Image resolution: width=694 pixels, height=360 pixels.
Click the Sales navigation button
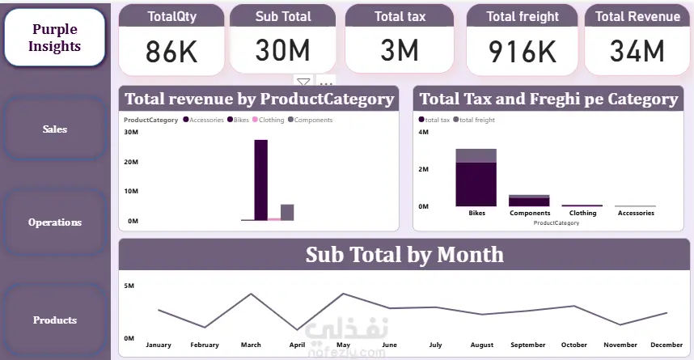pyautogui.click(x=55, y=129)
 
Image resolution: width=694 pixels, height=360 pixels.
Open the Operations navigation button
pyautogui.click(x=55, y=222)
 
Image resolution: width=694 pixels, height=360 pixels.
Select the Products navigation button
pyautogui.click(x=55, y=320)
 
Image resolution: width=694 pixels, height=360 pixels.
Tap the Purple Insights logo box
pyautogui.click(x=55, y=38)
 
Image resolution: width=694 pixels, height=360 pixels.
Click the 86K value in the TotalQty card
pyautogui.click(x=171, y=52)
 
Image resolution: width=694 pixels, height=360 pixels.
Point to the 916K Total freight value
pyautogui.click(x=523, y=52)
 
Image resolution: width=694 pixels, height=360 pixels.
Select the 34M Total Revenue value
pyautogui.click(x=637, y=52)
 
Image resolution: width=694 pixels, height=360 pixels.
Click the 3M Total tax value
pyautogui.click(x=399, y=52)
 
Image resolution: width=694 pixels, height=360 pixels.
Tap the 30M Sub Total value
pyautogui.click(x=283, y=51)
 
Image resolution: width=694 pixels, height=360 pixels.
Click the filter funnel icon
pyautogui.click(x=303, y=83)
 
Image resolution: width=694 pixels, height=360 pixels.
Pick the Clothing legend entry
pyautogui.click(x=269, y=120)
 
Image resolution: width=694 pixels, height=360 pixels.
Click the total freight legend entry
pyautogui.click(x=476, y=120)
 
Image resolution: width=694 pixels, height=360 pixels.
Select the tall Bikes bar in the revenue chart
pyautogui.click(x=260, y=180)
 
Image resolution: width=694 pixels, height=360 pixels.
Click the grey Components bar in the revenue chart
pyautogui.click(x=287, y=212)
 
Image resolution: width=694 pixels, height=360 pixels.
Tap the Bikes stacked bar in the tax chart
pyautogui.click(x=476, y=178)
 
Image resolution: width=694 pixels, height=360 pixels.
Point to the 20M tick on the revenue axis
pyautogui.click(x=131, y=162)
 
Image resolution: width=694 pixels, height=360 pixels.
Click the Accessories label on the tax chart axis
pyautogui.click(x=636, y=214)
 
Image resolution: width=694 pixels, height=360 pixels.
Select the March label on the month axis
pyautogui.click(x=251, y=345)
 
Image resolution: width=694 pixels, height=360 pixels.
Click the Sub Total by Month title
pyautogui.click(x=404, y=255)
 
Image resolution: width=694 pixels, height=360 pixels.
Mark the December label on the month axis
pyautogui.click(x=666, y=345)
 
